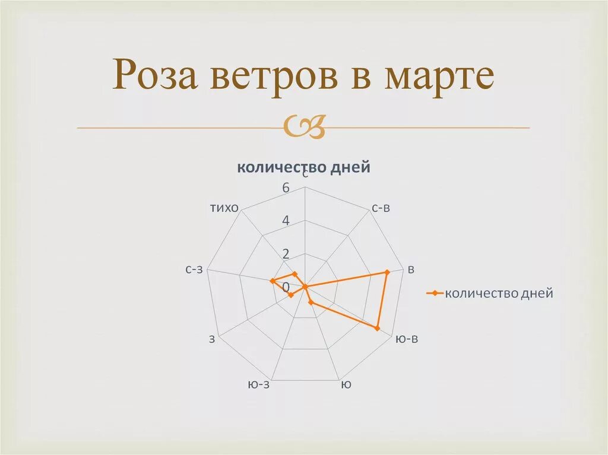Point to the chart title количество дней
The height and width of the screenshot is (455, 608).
point(303,167)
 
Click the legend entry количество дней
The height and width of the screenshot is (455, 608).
point(499,293)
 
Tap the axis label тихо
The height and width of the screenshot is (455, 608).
point(224,208)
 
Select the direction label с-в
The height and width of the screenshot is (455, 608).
point(381,208)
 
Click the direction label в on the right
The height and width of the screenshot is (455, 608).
point(411,269)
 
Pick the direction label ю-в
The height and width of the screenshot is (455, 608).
point(407,339)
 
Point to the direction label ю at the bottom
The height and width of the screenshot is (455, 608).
point(346,384)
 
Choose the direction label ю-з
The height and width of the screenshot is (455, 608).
point(258,384)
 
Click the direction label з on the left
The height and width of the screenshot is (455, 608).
point(212,339)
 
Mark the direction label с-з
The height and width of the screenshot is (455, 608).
point(194,269)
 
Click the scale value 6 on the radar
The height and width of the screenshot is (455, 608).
point(286,188)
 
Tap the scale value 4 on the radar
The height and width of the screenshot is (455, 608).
point(286,221)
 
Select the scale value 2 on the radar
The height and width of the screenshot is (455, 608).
point(286,254)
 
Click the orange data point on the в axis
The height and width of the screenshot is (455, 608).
point(387,272)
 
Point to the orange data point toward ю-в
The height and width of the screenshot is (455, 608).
point(377,327)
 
